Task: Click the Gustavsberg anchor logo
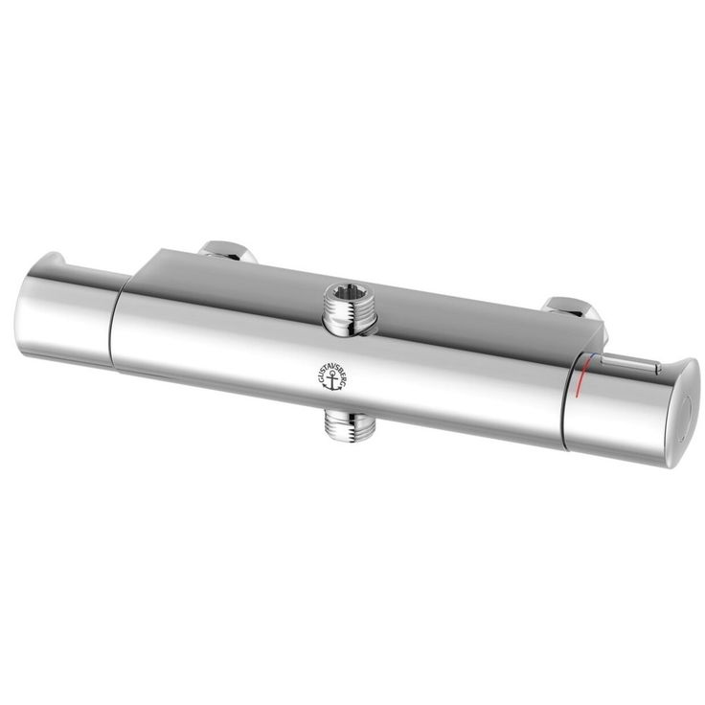coord(330,376)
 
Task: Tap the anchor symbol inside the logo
coord(332,381)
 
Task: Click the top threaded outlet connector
coord(350,311)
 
